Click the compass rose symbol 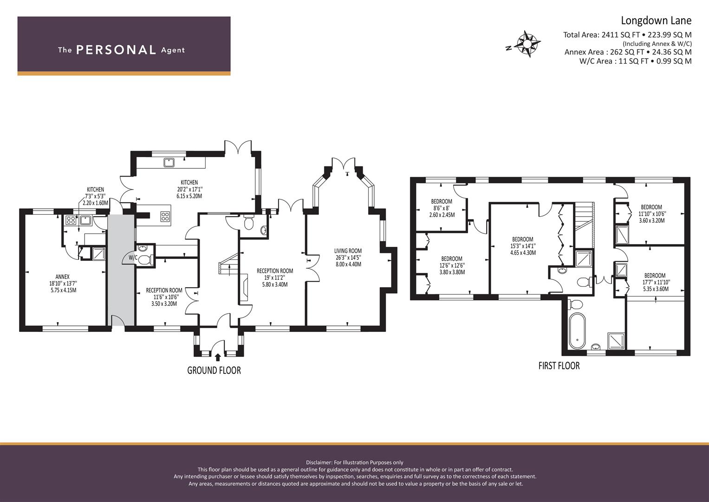point(528,44)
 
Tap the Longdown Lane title point(656,20)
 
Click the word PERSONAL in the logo point(116,50)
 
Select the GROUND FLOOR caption point(214,370)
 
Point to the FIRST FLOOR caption point(559,366)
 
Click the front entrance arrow point(218,357)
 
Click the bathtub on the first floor point(577,331)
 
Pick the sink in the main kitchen point(169,162)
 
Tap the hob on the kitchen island point(165,216)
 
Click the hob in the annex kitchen point(71,220)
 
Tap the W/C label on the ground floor point(133,257)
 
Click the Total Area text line point(627,34)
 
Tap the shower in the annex point(98,253)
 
